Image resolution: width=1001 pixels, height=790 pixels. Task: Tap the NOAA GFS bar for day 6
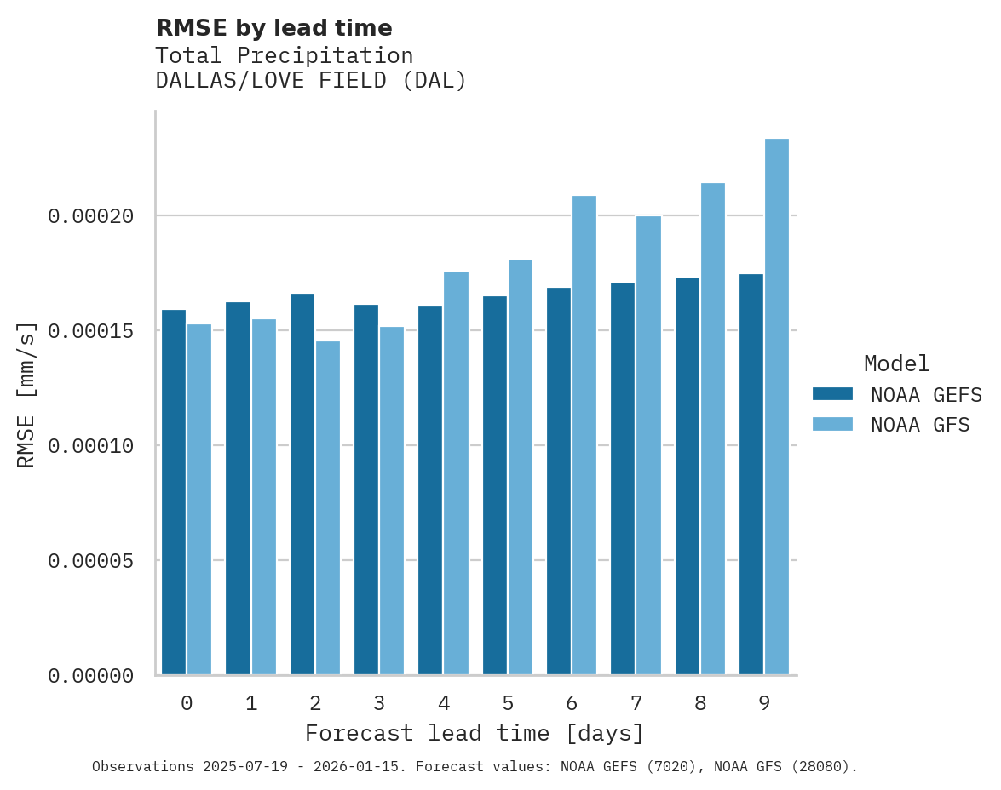(584, 435)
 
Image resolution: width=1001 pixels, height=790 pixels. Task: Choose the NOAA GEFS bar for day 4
(430, 490)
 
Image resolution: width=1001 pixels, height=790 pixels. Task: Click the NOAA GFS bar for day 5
(521, 467)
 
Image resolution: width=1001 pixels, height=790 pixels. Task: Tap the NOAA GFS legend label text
(920, 424)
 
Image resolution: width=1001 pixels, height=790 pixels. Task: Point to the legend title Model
(896, 364)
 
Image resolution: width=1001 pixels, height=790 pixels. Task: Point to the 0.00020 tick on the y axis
(91, 216)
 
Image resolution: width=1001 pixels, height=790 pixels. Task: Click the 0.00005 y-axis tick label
(91, 561)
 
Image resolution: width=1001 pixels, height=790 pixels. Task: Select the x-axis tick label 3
(379, 704)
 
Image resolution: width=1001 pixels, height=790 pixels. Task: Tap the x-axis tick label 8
(700, 704)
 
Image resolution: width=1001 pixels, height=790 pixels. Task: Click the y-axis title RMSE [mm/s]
(26, 394)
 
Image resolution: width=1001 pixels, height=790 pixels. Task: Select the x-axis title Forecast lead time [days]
(475, 733)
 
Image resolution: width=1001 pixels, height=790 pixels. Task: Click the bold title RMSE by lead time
(273, 28)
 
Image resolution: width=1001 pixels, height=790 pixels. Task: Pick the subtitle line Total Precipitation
(284, 55)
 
